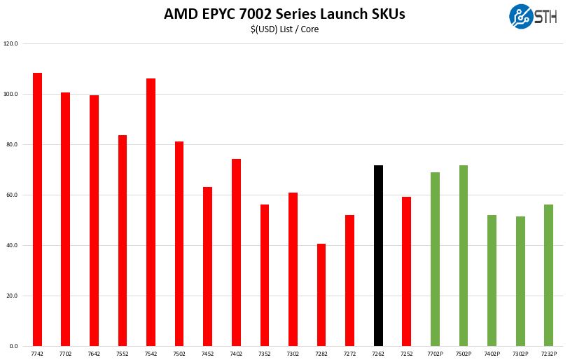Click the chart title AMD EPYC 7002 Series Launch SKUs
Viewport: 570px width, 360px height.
284,13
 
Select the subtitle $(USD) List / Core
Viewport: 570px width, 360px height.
284,29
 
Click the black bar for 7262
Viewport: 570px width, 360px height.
378,256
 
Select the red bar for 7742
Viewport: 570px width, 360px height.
37,209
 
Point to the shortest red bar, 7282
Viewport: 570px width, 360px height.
321,295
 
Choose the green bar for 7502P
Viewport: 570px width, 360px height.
464,256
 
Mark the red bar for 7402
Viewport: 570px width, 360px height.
236,252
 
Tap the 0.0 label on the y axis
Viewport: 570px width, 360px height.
13,346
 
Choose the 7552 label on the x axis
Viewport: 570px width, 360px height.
123,354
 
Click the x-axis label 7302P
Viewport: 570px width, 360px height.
520,354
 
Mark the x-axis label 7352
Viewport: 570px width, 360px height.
265,354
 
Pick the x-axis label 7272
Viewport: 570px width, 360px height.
349,354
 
